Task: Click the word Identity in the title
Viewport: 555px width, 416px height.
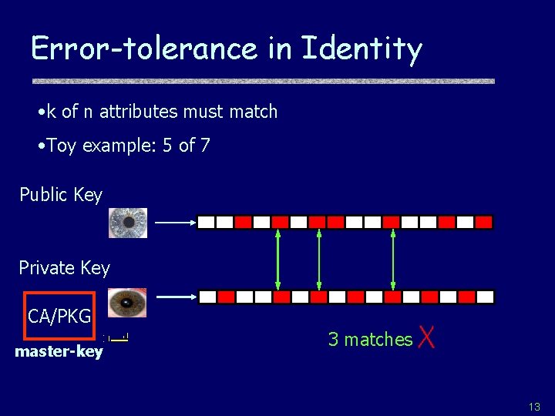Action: pos(362,49)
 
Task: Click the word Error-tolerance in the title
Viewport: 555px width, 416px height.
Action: pos(143,49)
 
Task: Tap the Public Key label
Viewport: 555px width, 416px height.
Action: pos(61,195)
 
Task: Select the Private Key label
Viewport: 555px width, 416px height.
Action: pos(64,268)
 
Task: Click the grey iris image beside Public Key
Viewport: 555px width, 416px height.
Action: pos(127,222)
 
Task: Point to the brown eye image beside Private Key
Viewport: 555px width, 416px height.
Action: pos(126,303)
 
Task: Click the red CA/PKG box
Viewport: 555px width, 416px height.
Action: pos(59,316)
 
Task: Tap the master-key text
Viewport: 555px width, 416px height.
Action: pos(59,352)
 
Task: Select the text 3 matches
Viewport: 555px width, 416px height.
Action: pos(370,339)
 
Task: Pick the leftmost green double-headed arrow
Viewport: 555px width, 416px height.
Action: pos(278,259)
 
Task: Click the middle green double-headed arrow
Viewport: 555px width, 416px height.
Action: pos(319,259)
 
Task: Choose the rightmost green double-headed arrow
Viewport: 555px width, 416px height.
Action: pos(393,259)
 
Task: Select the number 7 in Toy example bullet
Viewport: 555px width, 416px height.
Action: pos(204,146)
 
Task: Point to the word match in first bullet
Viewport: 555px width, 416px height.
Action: pos(253,112)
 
